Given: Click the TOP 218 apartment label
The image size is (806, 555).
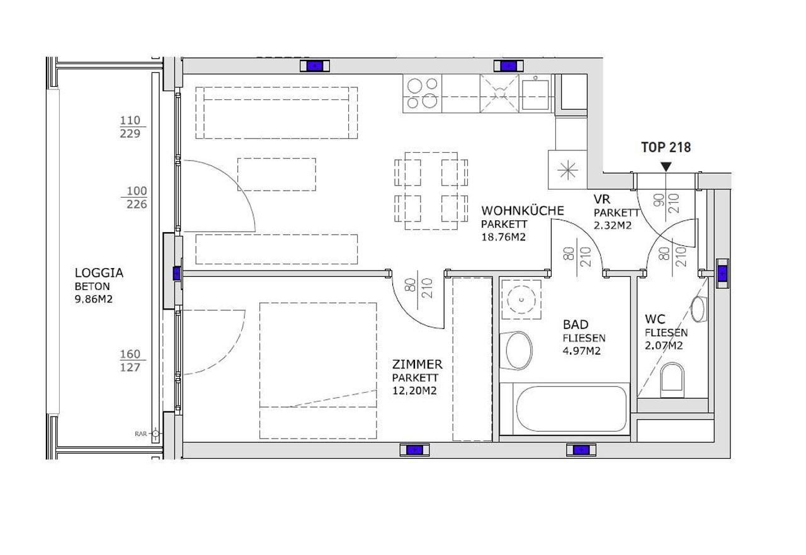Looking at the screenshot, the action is (666, 147).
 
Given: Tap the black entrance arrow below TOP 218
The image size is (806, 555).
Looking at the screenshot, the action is (666, 167).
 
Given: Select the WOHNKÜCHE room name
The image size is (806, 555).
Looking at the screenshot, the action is (523, 211).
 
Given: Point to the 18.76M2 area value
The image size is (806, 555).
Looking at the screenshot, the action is (503, 237).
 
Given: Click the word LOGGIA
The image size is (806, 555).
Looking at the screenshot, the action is (99, 273).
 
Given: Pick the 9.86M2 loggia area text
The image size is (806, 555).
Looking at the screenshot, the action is (94, 299).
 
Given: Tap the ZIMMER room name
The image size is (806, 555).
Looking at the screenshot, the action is (417, 364).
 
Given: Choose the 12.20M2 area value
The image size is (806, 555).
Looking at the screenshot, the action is (414, 391).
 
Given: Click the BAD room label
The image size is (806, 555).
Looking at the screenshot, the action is (576, 325).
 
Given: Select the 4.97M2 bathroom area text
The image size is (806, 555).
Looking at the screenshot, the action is (581, 351).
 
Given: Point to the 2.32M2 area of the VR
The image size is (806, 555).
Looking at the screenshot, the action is (613, 226).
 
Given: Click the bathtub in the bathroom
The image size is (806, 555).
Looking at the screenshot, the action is (571, 409).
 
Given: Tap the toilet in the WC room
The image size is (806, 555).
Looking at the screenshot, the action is (672, 380).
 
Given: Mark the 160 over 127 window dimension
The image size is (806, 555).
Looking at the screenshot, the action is (130, 361).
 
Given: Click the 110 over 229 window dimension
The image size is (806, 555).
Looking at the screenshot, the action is (130, 127).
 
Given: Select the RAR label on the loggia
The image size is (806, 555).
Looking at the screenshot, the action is (140, 434).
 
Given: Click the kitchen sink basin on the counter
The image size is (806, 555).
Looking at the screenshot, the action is (535, 94).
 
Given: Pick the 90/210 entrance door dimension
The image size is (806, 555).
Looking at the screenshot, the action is (666, 203).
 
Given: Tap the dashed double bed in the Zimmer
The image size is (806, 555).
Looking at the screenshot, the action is (318, 371).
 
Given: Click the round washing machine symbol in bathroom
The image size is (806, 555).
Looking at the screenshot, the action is (521, 300).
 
